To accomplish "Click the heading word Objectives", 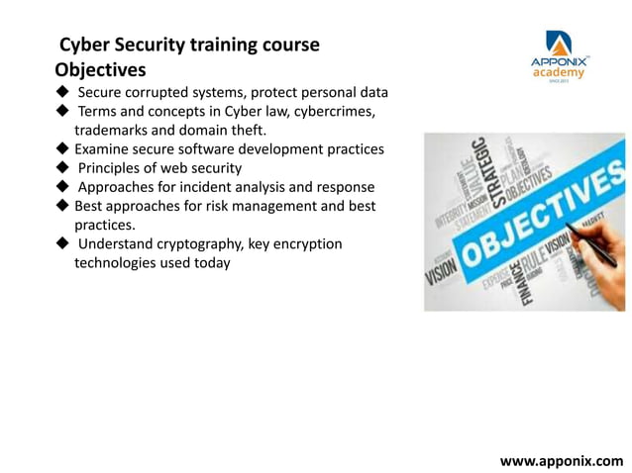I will click(x=100, y=70).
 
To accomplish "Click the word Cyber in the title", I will click(x=84, y=46).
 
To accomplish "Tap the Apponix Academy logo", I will click(x=559, y=55).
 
